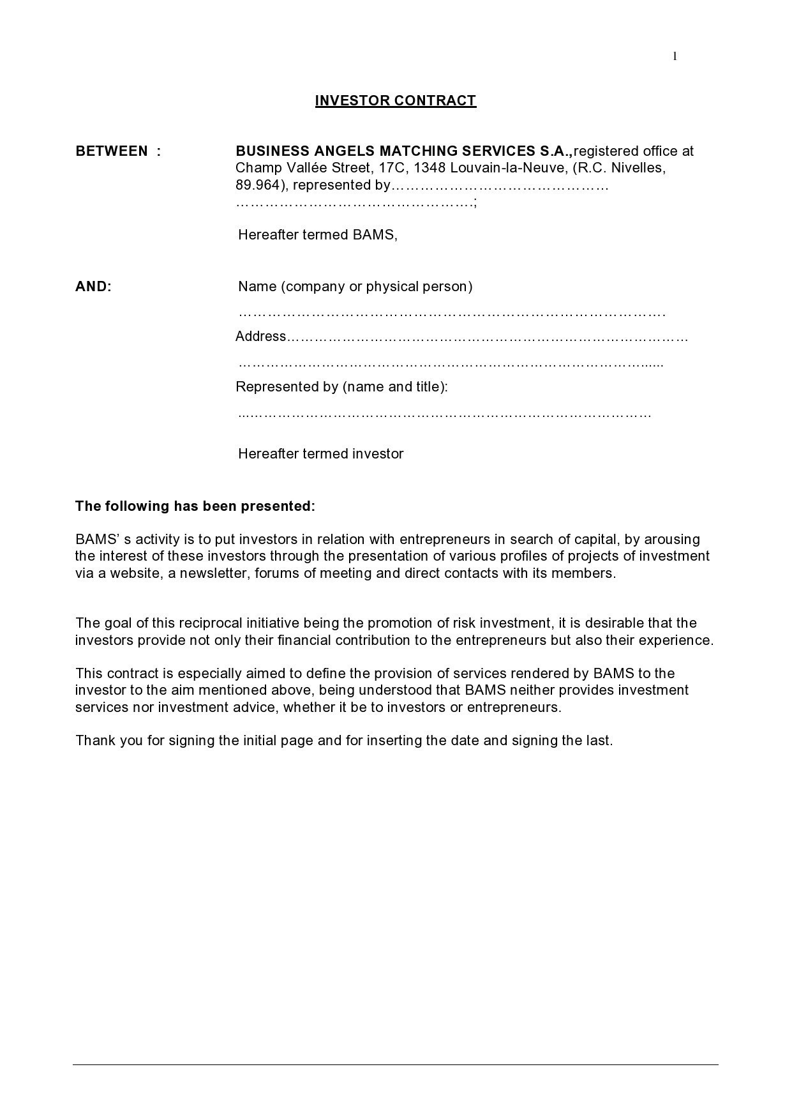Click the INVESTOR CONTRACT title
pyautogui.click(x=396, y=101)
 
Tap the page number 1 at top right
pyautogui.click(x=675, y=57)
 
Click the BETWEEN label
pyautogui.click(x=112, y=151)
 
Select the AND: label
pyautogui.click(x=93, y=287)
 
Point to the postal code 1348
pyautogui.click(x=429, y=168)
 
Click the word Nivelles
pyautogui.click(x=638, y=168)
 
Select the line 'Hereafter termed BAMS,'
pyautogui.click(x=318, y=235)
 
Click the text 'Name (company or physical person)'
pyautogui.click(x=355, y=287)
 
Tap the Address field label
pyautogui.click(x=260, y=337)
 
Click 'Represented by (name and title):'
pyautogui.click(x=342, y=387)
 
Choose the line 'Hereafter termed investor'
pyautogui.click(x=321, y=454)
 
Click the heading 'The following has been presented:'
pyautogui.click(x=195, y=506)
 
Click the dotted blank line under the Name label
pyautogui.click(x=452, y=314)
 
